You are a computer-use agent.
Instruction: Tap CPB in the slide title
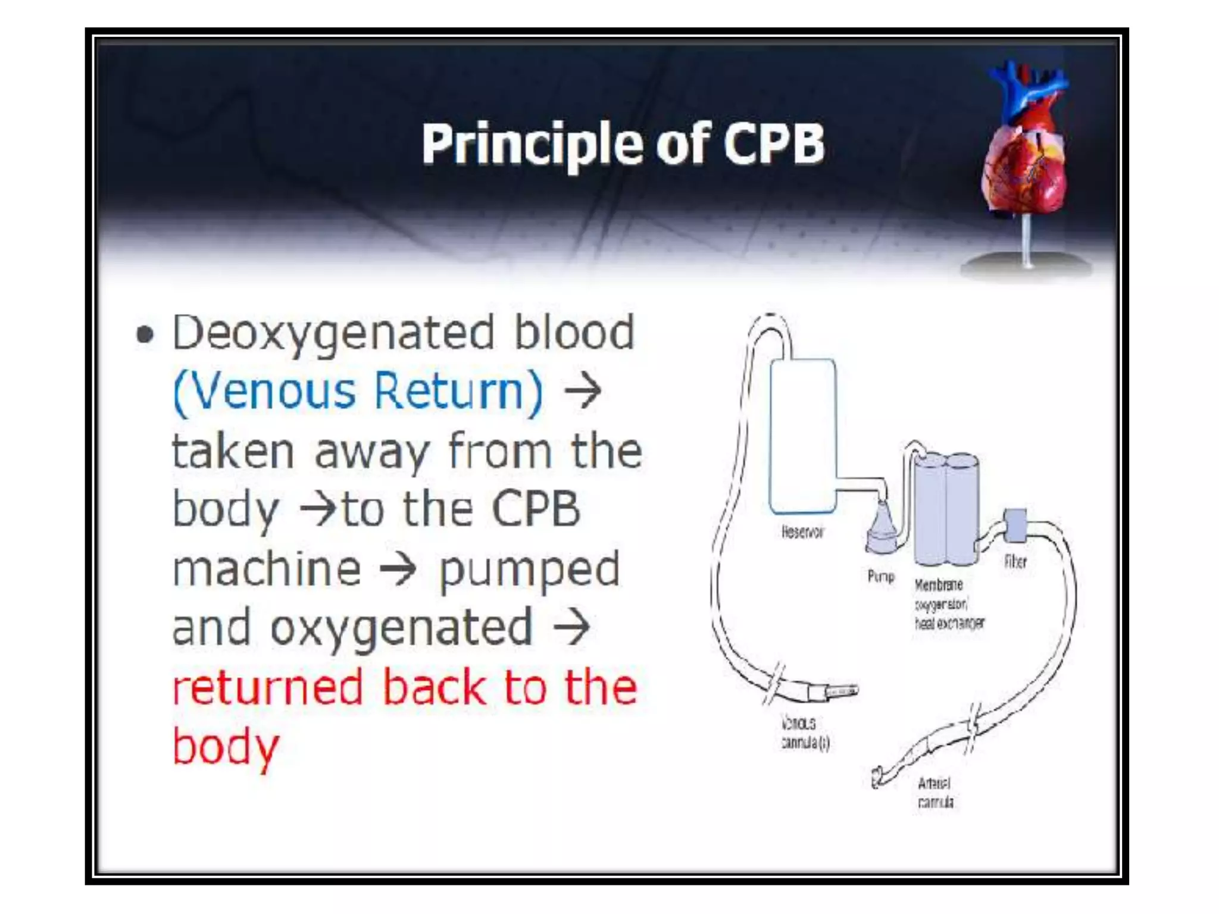[774, 144]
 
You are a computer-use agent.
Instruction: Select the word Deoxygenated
[333, 333]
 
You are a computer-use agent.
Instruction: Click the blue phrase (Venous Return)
[358, 392]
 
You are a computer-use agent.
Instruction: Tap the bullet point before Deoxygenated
[145, 334]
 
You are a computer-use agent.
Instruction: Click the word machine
[267, 569]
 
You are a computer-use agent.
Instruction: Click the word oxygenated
[402, 628]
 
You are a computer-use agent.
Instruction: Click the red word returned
[267, 687]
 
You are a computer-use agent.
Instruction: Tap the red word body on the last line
[226, 747]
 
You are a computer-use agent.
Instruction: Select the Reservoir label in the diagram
[802, 532]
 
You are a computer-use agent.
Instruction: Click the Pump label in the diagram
[881, 576]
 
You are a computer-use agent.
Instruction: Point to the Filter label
[1015, 562]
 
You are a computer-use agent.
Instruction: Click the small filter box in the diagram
[1015, 525]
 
